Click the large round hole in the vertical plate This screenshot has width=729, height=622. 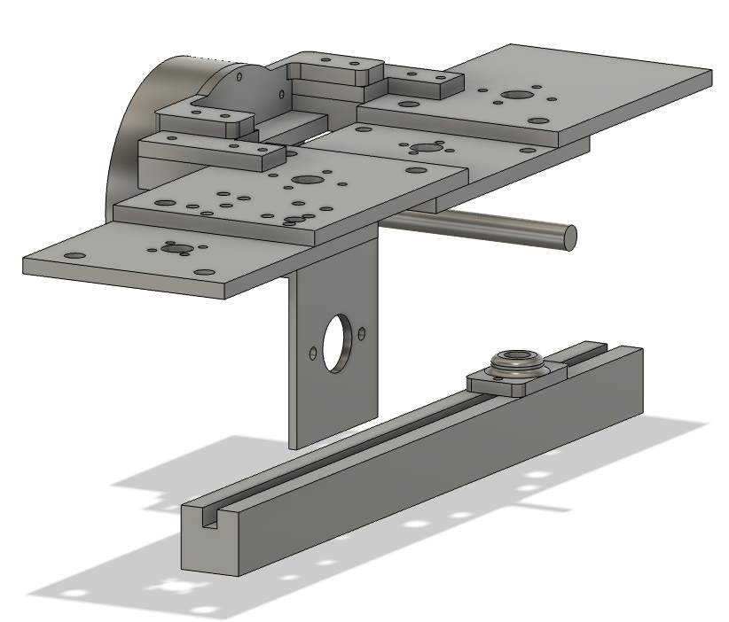[x=337, y=343]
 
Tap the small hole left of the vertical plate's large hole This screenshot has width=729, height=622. [x=312, y=354]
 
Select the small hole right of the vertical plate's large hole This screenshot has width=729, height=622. [x=362, y=334]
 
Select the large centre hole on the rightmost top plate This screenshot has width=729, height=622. [x=514, y=95]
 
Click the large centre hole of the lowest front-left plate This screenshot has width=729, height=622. [x=170, y=249]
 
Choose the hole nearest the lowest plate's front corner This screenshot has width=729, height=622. [x=204, y=274]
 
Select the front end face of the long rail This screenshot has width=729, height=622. [x=209, y=546]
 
